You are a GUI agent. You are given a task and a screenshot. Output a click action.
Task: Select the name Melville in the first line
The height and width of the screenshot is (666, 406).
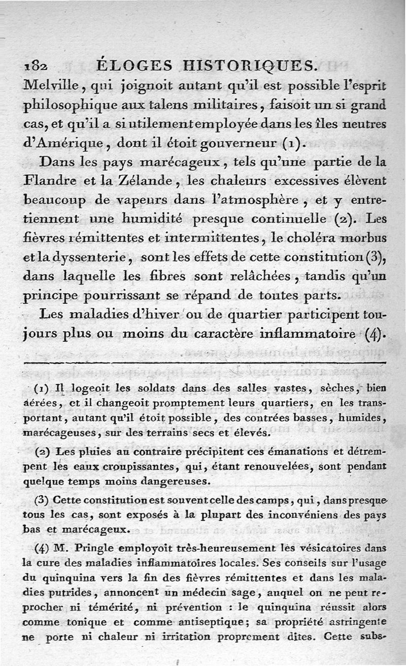(48, 85)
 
